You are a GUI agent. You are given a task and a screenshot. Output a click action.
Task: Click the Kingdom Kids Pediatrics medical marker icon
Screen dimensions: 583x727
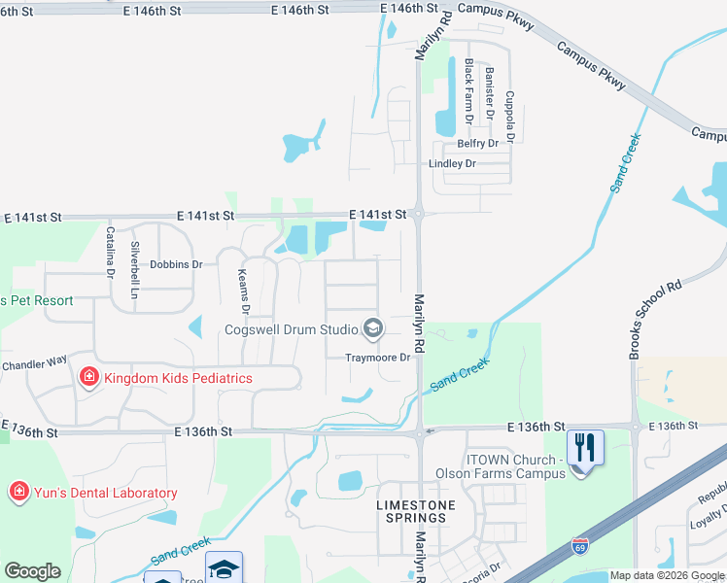coord(88,377)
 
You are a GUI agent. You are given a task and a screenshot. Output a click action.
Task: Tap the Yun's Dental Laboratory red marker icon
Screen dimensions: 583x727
coord(17,493)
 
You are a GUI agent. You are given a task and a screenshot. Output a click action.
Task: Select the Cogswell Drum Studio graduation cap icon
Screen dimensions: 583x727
coord(371,329)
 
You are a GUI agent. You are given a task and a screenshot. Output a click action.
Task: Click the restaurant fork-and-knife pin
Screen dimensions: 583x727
coord(585,448)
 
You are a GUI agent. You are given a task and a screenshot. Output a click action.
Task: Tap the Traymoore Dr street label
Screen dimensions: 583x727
coord(380,358)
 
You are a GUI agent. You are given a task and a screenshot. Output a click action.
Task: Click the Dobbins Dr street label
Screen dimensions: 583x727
coord(176,264)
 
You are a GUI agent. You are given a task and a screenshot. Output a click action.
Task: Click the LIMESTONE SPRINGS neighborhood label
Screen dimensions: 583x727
coord(411,512)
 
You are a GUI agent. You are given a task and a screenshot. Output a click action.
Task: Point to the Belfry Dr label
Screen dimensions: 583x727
coord(478,144)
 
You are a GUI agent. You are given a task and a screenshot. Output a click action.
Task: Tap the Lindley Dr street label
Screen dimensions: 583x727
coord(452,164)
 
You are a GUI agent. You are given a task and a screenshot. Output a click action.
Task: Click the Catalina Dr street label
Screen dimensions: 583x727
coord(111,251)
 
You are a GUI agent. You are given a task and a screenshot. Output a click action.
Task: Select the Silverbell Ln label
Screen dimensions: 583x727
coord(136,262)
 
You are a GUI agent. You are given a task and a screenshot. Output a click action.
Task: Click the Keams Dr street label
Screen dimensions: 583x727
coord(244,291)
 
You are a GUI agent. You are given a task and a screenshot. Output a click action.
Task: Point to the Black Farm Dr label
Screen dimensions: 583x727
coord(468,91)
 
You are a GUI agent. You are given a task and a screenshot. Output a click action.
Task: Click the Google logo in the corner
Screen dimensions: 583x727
coord(32,571)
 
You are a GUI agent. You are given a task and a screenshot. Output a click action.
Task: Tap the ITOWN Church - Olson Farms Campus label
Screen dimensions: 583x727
coord(513,466)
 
